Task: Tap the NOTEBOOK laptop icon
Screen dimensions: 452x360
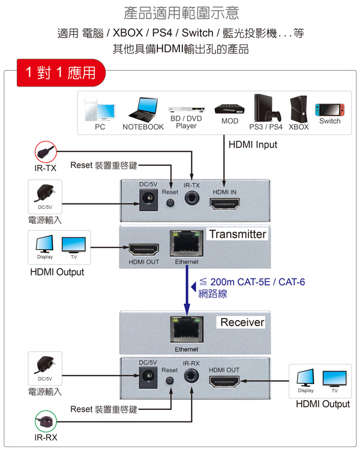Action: tap(143, 112)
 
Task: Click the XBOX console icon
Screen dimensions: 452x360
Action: tap(298, 109)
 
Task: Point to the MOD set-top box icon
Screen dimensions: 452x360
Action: tap(230, 109)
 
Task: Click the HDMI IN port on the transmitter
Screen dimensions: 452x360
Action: tap(224, 203)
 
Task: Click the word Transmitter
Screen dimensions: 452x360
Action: tap(237, 234)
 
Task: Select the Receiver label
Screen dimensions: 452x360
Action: tap(242, 322)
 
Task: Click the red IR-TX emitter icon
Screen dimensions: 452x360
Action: tap(45, 149)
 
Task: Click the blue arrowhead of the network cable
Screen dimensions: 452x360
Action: tap(187, 308)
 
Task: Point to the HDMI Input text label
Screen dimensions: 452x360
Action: tap(253, 145)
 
